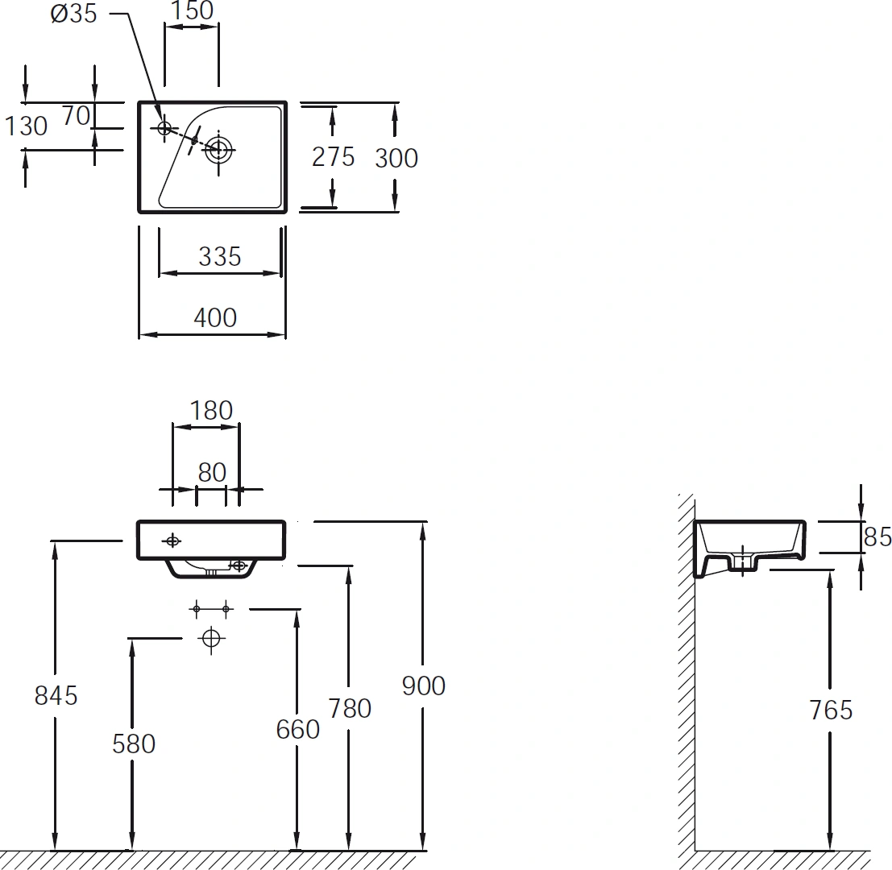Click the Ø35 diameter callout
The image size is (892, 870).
(x=74, y=13)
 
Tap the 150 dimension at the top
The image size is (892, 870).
(x=192, y=10)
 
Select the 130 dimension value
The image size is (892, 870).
(x=26, y=126)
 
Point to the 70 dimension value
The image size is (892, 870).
(x=77, y=116)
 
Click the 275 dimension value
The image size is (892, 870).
(x=334, y=157)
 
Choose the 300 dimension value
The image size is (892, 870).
(x=396, y=158)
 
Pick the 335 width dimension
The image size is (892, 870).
(x=220, y=256)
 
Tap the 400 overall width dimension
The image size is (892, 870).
(x=215, y=318)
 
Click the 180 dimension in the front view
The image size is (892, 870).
(x=211, y=411)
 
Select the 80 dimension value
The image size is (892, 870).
(x=212, y=473)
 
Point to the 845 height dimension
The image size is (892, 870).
(x=56, y=695)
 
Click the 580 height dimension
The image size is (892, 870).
(x=134, y=744)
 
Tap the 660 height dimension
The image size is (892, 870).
(x=297, y=730)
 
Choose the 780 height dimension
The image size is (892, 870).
(x=350, y=709)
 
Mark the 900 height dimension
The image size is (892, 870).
(x=423, y=686)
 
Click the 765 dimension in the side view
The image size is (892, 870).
(x=831, y=710)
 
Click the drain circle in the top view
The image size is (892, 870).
(x=220, y=150)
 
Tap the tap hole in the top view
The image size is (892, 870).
(x=164, y=128)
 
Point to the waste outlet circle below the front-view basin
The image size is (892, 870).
(x=211, y=639)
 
